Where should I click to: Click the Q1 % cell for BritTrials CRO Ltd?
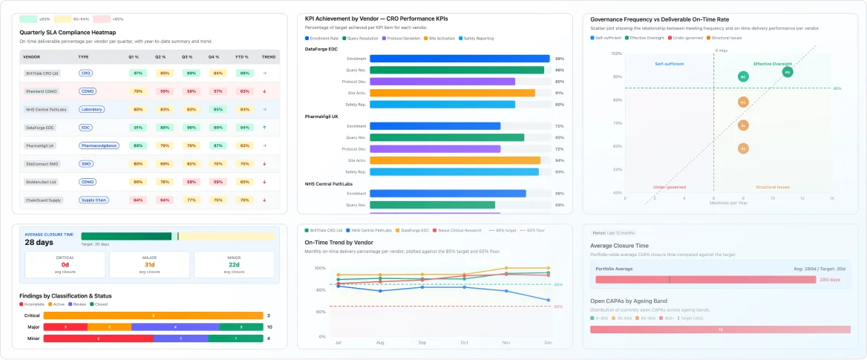(x=137, y=73)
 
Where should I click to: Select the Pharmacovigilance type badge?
(x=99, y=145)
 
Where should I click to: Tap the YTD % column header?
(x=243, y=56)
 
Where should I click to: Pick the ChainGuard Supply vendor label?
(x=45, y=200)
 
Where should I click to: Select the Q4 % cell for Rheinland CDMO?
(x=217, y=91)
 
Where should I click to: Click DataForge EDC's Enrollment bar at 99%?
(x=459, y=59)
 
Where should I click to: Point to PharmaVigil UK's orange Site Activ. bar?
(x=455, y=160)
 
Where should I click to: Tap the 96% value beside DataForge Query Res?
(x=559, y=70)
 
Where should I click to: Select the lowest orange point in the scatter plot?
(x=743, y=148)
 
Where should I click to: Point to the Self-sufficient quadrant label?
(x=669, y=64)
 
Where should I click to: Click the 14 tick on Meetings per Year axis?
(x=831, y=199)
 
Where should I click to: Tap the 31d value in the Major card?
(x=150, y=265)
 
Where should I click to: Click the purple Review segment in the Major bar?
(x=175, y=327)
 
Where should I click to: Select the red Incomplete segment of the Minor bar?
(x=99, y=338)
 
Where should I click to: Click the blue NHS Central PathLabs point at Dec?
(x=548, y=301)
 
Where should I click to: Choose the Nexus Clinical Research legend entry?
(x=460, y=231)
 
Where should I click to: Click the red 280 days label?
(x=829, y=280)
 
